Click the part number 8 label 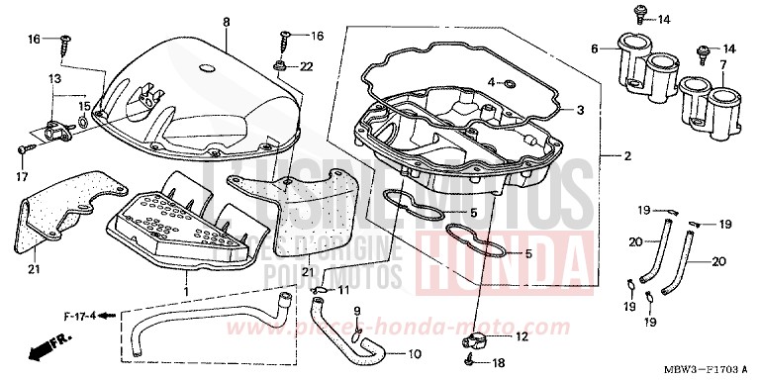coord(225,21)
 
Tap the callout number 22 coord(306,66)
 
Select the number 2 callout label coord(626,157)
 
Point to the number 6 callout coord(595,47)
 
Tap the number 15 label coord(85,105)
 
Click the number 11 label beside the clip coord(343,290)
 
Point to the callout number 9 coord(357,312)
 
